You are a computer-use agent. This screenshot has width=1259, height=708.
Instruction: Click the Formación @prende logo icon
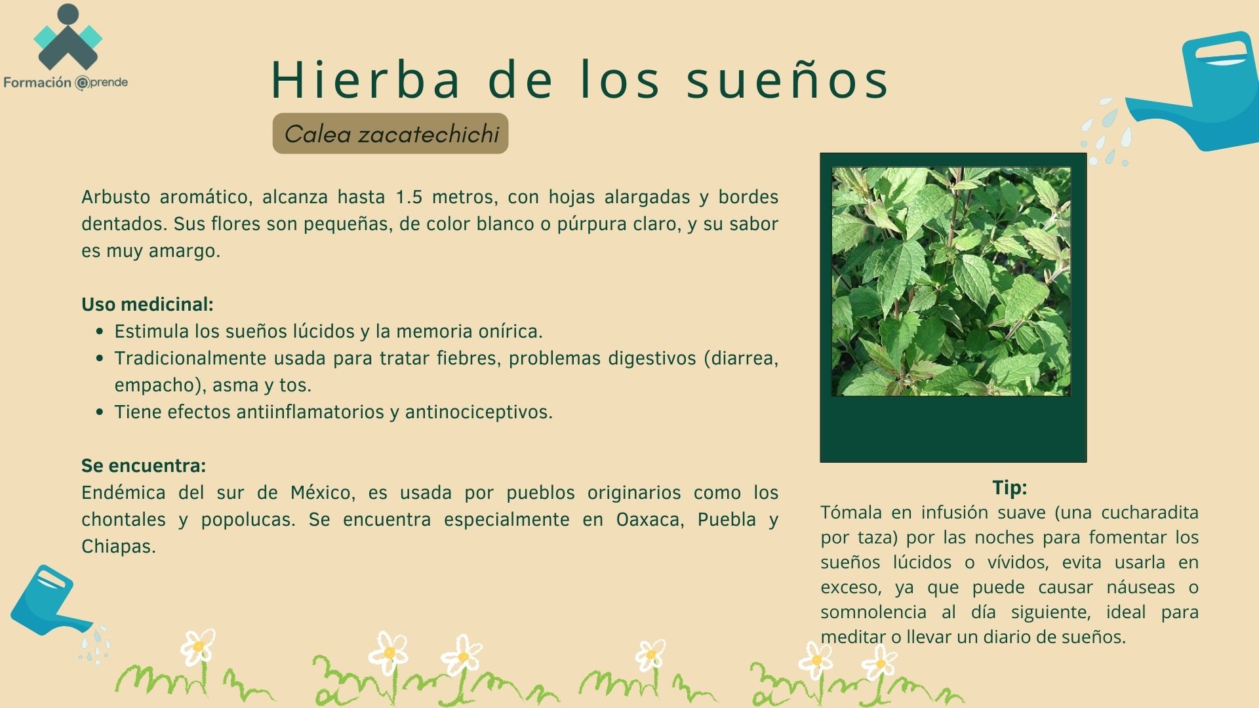[x=68, y=38]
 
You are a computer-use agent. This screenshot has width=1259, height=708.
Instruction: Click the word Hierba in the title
[x=367, y=79]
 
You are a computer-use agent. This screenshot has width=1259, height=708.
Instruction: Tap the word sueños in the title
[x=788, y=79]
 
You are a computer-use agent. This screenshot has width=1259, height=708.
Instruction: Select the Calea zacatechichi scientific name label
[x=391, y=134]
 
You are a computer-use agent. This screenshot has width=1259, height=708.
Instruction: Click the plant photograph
[x=951, y=281]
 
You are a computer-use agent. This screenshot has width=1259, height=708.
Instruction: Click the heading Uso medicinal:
[x=148, y=304]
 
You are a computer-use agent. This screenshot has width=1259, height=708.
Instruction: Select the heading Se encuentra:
[x=144, y=465]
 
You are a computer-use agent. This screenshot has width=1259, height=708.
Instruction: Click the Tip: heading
[x=1010, y=487]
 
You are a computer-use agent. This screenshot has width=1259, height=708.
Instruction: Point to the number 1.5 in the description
[x=409, y=197]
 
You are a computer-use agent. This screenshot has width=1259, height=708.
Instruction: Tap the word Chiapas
[x=118, y=547]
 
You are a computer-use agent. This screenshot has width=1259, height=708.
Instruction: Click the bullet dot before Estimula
[x=100, y=332]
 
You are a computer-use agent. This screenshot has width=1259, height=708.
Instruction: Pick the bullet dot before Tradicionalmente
[x=100, y=359]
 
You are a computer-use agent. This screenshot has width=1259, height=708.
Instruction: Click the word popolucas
[x=248, y=521]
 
